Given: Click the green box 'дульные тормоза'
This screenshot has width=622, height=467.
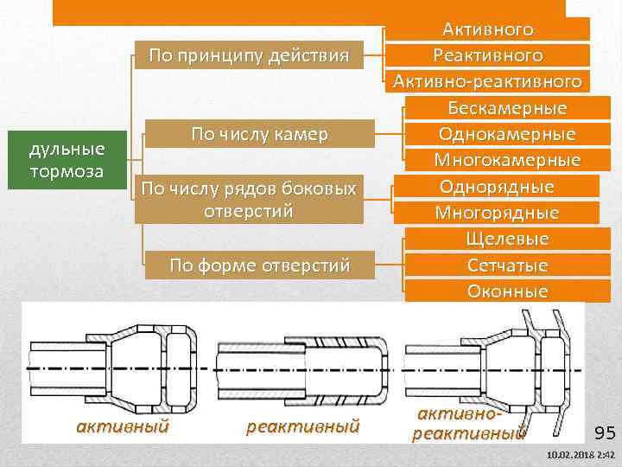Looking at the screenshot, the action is (67, 160).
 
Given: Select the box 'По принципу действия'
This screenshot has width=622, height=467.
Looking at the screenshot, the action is (249, 56).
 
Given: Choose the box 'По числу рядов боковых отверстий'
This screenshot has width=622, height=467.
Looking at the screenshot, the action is (248, 199).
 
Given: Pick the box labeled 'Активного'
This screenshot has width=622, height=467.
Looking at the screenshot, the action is (488, 29).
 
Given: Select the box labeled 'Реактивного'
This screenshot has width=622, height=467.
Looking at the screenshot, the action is (488, 55).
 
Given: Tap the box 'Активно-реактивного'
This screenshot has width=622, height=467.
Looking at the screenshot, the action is (488, 81).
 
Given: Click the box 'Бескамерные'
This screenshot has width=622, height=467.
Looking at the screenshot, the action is (507, 108).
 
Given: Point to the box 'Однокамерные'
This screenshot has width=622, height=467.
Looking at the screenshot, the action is (507, 134).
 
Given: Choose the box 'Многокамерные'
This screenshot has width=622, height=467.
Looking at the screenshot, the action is (507, 160).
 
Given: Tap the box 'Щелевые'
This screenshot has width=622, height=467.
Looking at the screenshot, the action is (507, 238).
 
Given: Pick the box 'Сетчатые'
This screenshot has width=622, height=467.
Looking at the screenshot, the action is (507, 264).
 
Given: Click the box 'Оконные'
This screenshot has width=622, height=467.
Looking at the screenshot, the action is (507, 291).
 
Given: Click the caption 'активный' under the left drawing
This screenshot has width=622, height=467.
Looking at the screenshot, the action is (123, 425).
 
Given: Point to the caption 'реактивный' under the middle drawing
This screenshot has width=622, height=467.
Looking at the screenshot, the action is (302, 425).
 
